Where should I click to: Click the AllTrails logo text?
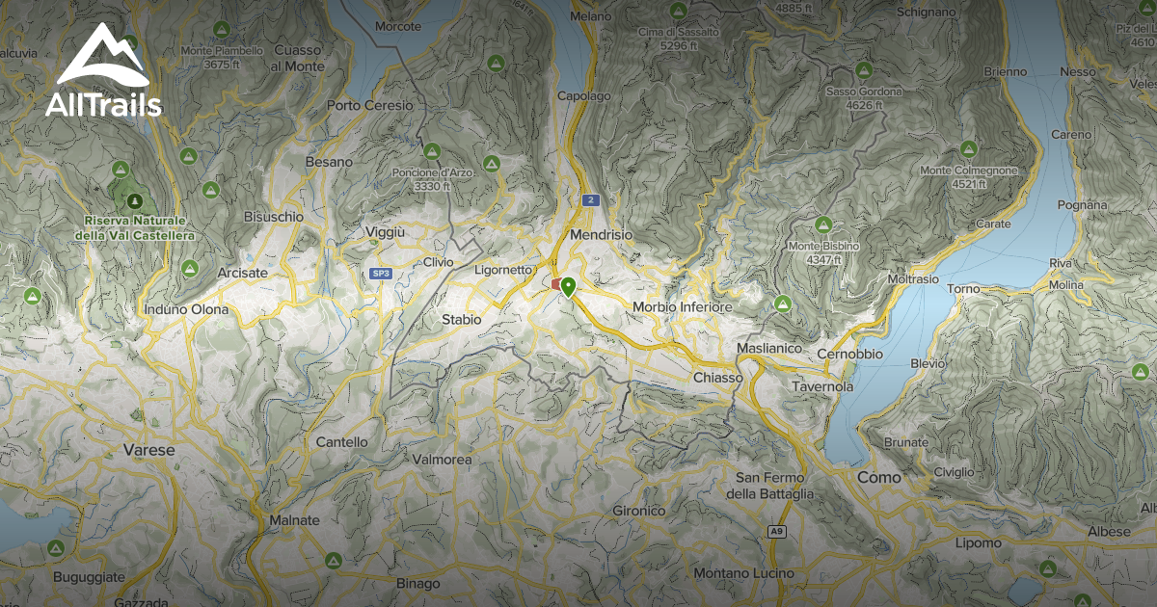(x=103, y=104)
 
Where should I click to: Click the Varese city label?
(x=149, y=450)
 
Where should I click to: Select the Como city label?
(x=879, y=477)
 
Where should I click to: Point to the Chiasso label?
(x=718, y=378)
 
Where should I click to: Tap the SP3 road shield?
(x=381, y=274)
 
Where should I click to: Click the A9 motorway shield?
(x=776, y=531)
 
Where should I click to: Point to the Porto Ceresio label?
(x=370, y=105)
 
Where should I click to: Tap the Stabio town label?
(x=461, y=319)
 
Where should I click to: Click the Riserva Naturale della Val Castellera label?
(x=135, y=227)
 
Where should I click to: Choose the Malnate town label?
(x=294, y=520)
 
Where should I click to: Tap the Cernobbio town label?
(x=849, y=354)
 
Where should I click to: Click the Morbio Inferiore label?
(x=683, y=306)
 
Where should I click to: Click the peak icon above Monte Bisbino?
(x=823, y=224)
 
